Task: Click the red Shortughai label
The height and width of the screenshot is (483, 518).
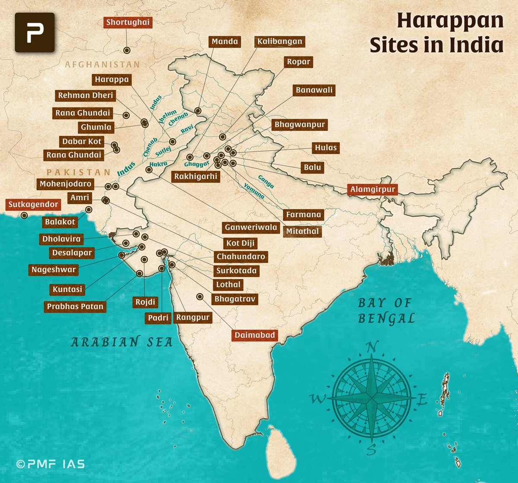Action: pos(128,22)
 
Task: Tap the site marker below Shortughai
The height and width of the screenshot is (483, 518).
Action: pos(127,51)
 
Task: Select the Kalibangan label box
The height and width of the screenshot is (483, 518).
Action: pos(280,42)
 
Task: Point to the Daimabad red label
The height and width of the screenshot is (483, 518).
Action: pos(255,335)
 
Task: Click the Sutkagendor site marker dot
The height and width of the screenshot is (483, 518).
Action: pos(25,215)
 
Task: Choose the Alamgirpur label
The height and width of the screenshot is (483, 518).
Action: pos(373,189)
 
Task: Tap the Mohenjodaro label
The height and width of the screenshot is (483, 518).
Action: pos(66,184)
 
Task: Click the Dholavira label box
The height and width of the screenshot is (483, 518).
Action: pos(61,239)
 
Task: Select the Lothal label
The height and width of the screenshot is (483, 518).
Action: pos(228,284)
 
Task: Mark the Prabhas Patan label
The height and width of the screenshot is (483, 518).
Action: pos(75,306)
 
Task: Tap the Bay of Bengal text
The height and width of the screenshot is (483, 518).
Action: pos(385,311)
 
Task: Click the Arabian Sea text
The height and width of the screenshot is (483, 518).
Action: pos(121,342)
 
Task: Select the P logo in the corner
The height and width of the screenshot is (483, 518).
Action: pos(35,32)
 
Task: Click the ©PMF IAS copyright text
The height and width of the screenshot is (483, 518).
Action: pos(50,464)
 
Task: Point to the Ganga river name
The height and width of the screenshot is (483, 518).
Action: pos(266,181)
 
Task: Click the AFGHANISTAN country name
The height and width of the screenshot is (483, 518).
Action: pos(102,65)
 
